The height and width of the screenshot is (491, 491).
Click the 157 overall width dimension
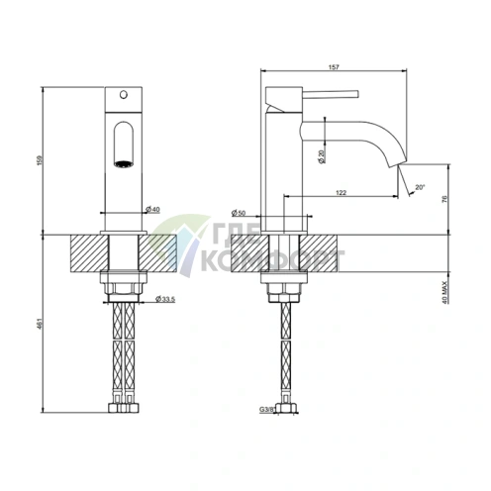tap(334, 67)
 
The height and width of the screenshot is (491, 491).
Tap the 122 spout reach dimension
tap(341, 193)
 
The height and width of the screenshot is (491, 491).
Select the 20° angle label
tap(420, 187)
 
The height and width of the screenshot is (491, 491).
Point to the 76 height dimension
tap(444, 199)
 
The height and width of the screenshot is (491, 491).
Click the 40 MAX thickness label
tap(444, 292)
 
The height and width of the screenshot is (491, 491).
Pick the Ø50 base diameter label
tap(239, 213)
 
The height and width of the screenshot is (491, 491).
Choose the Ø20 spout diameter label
tap(322, 156)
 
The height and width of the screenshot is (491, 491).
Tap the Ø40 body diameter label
tap(152, 209)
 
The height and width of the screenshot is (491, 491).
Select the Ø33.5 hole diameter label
tap(165, 299)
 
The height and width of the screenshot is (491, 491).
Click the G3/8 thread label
tap(267, 410)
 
